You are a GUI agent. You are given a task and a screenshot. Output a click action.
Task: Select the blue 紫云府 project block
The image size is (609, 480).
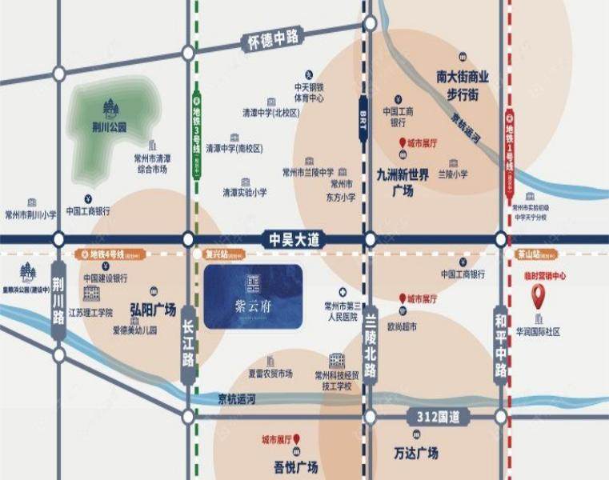tap(253, 297)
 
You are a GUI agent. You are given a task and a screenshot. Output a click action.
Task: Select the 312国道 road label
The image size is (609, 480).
tap(433, 416)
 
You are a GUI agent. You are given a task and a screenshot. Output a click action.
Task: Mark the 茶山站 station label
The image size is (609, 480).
tap(530, 254)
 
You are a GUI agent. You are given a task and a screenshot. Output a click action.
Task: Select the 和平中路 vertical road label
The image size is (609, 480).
tap(502, 344)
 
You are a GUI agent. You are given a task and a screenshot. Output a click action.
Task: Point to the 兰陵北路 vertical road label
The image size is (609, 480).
tap(370, 345)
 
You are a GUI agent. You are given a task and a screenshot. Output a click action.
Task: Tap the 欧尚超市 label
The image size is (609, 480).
tap(403, 326)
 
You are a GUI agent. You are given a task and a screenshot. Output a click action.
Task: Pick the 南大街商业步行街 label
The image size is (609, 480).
tap(462, 86)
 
